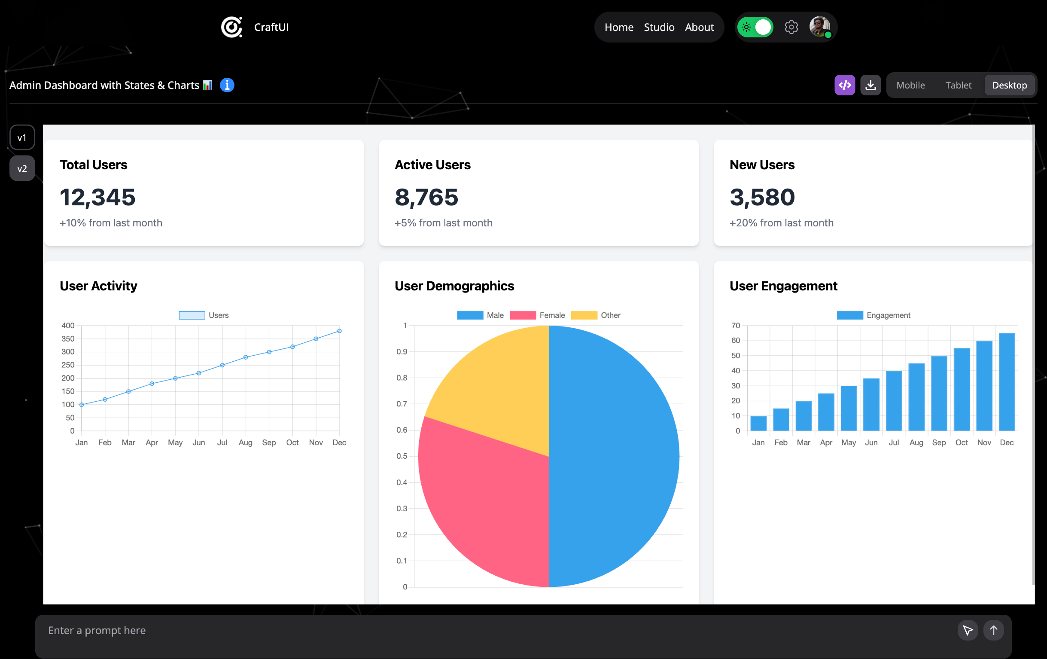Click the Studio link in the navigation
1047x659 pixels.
[659, 27]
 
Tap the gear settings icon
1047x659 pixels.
[791, 27]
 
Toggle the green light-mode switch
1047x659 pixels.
[755, 27]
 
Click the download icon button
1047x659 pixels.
[870, 85]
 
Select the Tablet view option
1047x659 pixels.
[958, 85]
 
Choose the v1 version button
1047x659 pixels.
[22, 137]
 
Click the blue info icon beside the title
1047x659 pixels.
[227, 85]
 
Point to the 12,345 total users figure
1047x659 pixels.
[98, 197]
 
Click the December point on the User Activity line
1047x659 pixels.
[339, 331]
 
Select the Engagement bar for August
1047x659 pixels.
[916, 397]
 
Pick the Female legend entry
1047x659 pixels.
[537, 315]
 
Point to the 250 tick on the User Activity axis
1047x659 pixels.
[68, 365]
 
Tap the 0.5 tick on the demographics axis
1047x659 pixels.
[402, 456]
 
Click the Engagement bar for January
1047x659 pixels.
[758, 423]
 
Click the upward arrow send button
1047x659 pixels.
[993, 630]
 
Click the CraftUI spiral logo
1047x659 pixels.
[231, 27]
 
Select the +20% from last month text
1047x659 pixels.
[781, 223]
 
